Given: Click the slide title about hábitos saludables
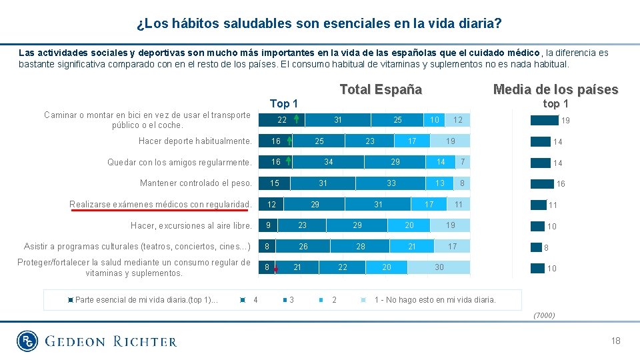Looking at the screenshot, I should coord(319,24).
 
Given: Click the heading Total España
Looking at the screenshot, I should coord(381,89).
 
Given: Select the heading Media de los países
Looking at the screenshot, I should coord(555,89).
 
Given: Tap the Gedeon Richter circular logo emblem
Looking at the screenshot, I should coord(28,341).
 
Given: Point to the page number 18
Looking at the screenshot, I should coord(615,341).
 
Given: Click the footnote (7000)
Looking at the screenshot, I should coord(544,315).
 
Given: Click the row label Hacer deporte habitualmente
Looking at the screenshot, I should coord(195,141).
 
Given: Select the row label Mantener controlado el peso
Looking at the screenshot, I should coord(196,183).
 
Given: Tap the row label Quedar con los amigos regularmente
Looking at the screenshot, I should coord(179,162).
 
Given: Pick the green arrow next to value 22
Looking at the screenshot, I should coord(295,120).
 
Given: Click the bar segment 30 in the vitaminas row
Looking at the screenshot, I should coord(439,267).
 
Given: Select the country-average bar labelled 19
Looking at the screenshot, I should coord(544,121).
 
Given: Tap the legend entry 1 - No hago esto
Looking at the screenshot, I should coord(435,299).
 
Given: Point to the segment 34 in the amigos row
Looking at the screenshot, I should coord(329,162).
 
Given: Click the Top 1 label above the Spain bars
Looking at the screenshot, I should coord(284,103).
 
